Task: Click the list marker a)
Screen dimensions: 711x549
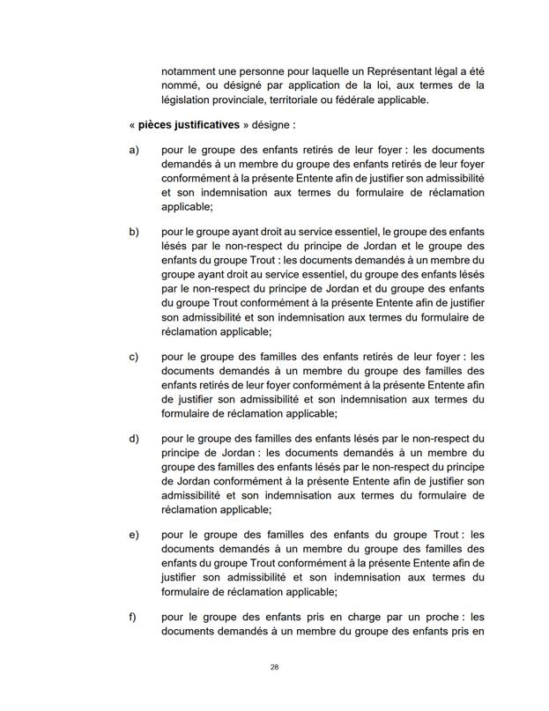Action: click(x=135, y=152)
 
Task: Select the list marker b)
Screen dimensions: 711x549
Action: click(x=135, y=232)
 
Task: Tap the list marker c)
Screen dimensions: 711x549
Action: click(x=135, y=357)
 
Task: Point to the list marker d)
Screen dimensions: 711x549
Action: click(x=135, y=438)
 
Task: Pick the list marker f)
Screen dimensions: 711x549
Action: click(x=134, y=616)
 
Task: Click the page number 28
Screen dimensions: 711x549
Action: click(x=274, y=668)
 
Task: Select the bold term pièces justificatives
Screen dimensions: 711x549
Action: click(x=189, y=125)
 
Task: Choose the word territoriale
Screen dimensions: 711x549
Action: click(x=312, y=100)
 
